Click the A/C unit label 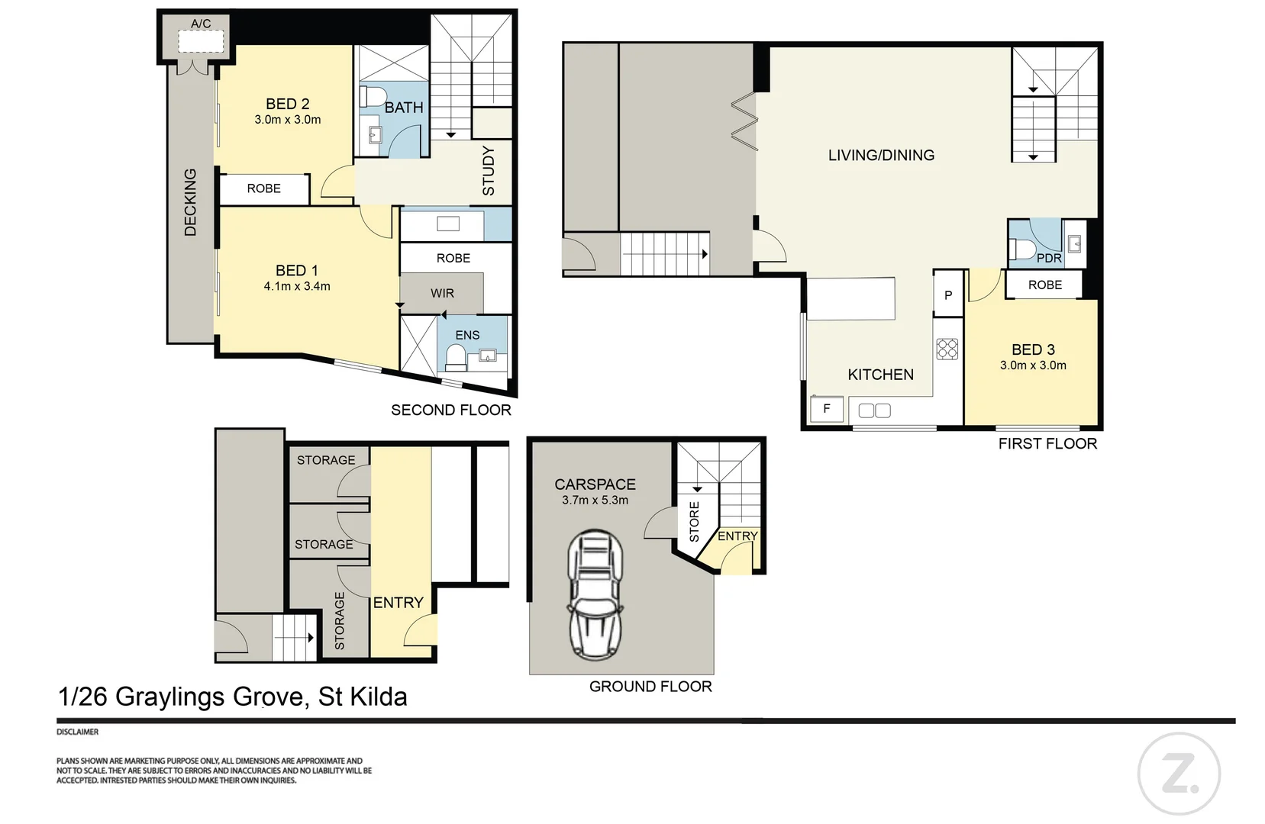click(x=201, y=24)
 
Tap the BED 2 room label click(x=287, y=104)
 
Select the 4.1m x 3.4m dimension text click(x=297, y=286)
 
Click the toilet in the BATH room click(x=373, y=98)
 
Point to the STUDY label click(x=489, y=171)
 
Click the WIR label click(x=442, y=293)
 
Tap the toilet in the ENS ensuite click(x=455, y=356)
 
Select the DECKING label click(x=190, y=201)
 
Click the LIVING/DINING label click(x=881, y=155)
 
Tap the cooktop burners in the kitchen click(x=947, y=349)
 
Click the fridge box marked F click(x=826, y=409)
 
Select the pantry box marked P click(x=948, y=295)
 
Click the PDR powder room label click(x=1049, y=258)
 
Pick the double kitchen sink click(x=874, y=410)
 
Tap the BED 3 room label click(x=1033, y=349)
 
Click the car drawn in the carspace click(x=595, y=594)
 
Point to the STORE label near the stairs click(x=694, y=521)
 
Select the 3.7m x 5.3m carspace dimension click(x=595, y=501)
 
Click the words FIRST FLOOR click(x=1047, y=443)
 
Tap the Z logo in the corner click(x=1178, y=775)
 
